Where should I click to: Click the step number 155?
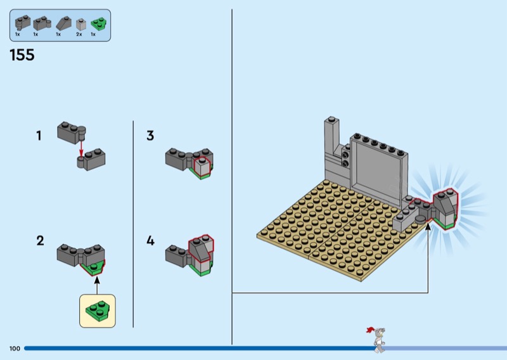click(22, 55)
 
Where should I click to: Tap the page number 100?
click(15, 349)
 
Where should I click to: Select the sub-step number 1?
click(39, 135)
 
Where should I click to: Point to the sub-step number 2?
click(40, 240)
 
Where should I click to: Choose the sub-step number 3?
click(150, 136)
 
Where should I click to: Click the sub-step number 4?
click(150, 241)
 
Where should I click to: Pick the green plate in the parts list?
click(97, 24)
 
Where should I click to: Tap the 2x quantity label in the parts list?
click(79, 34)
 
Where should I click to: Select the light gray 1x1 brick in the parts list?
click(80, 24)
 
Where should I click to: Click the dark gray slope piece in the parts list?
click(63, 23)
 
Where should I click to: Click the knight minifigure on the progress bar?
click(378, 339)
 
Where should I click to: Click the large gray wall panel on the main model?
click(378, 168)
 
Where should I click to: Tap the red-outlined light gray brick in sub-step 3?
click(202, 167)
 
